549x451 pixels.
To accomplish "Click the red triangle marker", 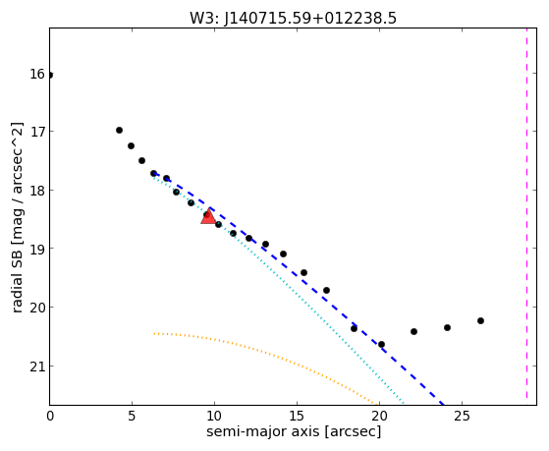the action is pyautogui.click(x=208, y=216).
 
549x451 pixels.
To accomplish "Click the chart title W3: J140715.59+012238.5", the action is pyautogui.click(x=293, y=19).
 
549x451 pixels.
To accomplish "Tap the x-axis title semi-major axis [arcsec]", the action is pyautogui.click(x=294, y=431).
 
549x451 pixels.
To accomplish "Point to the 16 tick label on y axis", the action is pyautogui.click(x=37, y=74).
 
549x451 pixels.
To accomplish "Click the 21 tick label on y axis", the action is pyautogui.click(x=37, y=366).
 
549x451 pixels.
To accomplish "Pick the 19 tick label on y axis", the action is pyautogui.click(x=37, y=249).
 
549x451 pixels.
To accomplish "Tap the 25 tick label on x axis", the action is pyautogui.click(x=462, y=417).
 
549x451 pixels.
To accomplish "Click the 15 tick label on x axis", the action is pyautogui.click(x=297, y=417).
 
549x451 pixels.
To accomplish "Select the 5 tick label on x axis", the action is pyautogui.click(x=132, y=417).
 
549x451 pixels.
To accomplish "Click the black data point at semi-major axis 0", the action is pyautogui.click(x=50, y=75).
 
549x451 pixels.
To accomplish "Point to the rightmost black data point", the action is pyautogui.click(x=480, y=320).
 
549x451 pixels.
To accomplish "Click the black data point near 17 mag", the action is pyautogui.click(x=119, y=131).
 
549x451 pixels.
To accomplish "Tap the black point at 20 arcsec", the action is pyautogui.click(x=382, y=345).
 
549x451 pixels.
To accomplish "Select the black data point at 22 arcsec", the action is pyautogui.click(x=413, y=331).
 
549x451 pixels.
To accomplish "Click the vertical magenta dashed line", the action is pyautogui.click(x=526, y=216).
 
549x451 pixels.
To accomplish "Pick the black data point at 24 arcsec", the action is pyautogui.click(x=447, y=327).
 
